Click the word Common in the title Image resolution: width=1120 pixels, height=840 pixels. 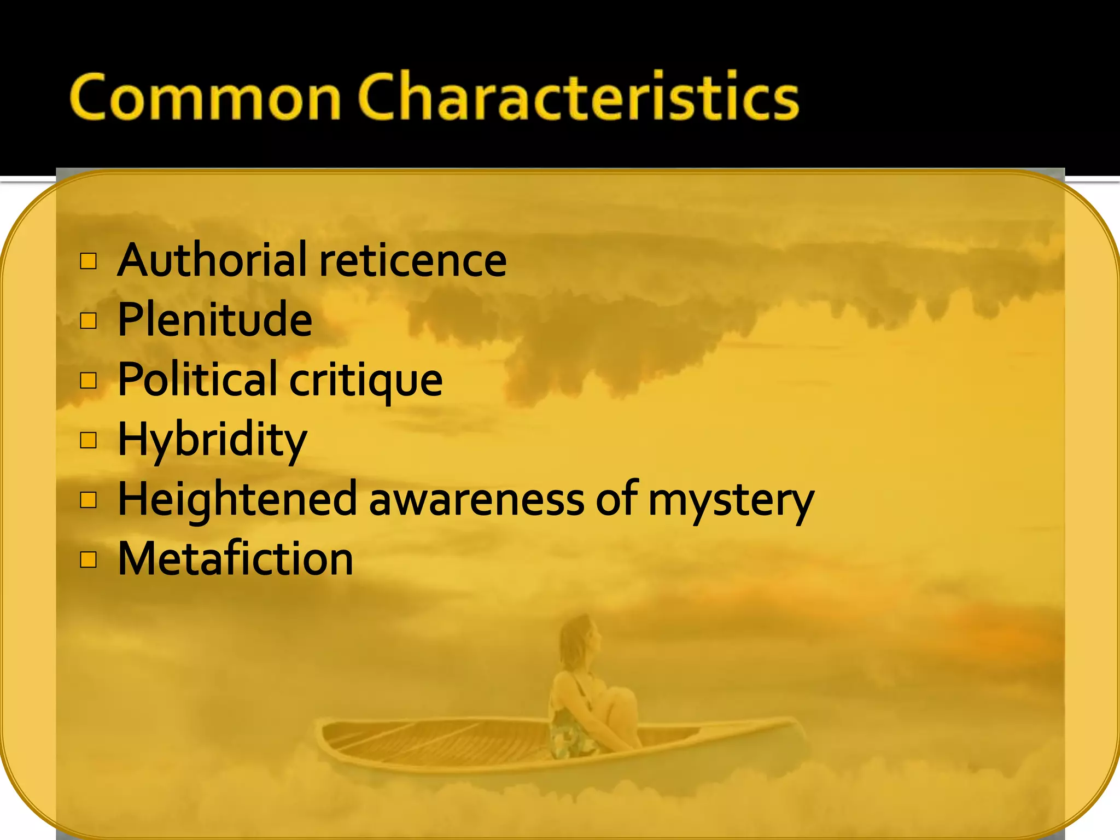point(205,97)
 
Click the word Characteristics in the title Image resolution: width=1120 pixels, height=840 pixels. point(579,97)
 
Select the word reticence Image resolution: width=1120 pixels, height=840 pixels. point(413,261)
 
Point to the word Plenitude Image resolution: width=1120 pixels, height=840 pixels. point(215,319)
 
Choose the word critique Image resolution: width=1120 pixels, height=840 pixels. point(365,381)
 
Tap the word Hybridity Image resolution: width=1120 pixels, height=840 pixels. point(212,440)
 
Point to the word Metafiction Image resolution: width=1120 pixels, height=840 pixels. point(235,559)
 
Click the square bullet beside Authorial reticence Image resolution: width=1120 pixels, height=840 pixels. point(89,261)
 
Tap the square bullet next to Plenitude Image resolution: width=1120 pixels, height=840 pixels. point(89,320)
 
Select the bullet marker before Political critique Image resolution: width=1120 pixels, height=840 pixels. point(89,380)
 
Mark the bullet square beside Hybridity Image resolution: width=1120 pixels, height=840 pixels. point(89,440)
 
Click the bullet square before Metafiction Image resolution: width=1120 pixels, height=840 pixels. point(89,559)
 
